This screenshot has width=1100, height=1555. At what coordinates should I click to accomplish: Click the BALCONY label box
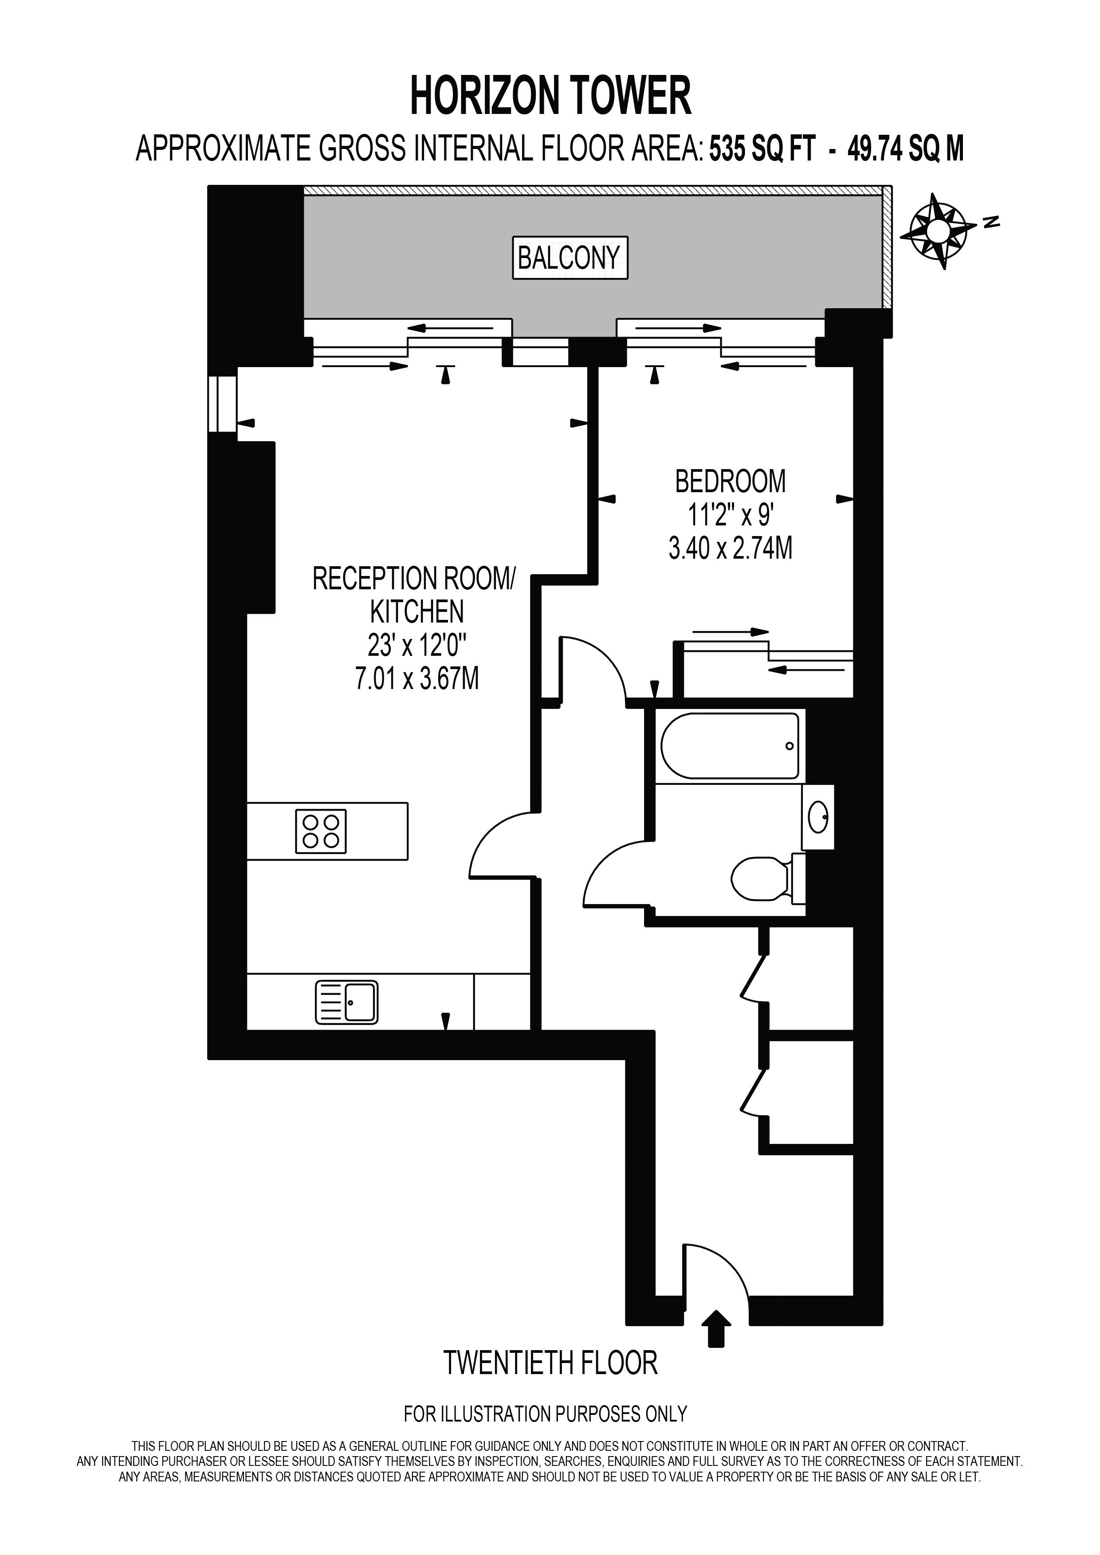570,257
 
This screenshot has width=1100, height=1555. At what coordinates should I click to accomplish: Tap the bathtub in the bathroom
730,746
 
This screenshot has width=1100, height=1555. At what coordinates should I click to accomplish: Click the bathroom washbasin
817,817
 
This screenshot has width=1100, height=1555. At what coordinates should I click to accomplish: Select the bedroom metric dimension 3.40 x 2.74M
730,548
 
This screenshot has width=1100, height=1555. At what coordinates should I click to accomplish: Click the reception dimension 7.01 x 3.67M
417,678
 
